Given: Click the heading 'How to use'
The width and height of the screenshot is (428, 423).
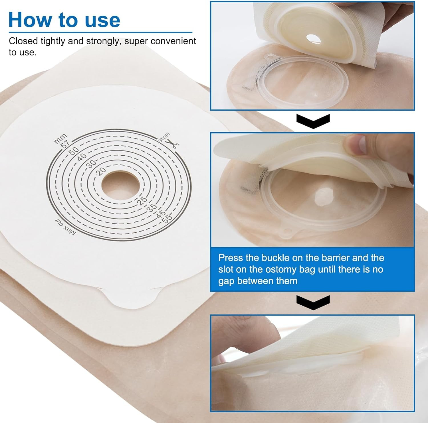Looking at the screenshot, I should [x=64, y=20].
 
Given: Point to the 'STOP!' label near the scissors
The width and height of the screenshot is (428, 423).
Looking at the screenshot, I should [x=164, y=137].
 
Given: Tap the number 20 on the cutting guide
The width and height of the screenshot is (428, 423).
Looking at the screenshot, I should [x=101, y=171].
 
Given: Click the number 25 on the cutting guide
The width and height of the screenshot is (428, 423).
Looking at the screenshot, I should [x=142, y=200].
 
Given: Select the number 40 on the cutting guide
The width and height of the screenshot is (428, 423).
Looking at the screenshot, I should [x=82, y=157].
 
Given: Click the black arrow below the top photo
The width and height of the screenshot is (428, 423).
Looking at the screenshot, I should [x=313, y=121].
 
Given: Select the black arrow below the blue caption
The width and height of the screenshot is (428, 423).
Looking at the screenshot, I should [x=313, y=302].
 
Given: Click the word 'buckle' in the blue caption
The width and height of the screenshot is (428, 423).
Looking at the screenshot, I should [x=275, y=258].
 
